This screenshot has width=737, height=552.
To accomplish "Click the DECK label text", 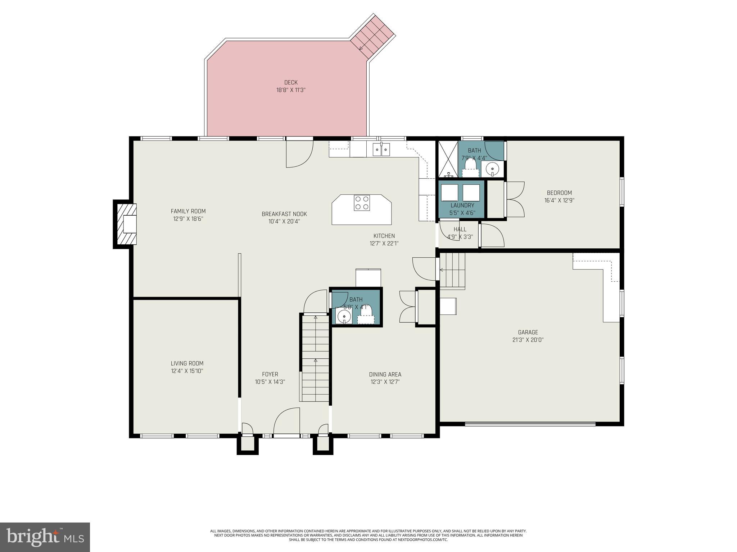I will [291, 82].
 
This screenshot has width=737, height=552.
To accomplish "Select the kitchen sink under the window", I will [381, 149].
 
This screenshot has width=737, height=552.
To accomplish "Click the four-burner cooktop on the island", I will [362, 203].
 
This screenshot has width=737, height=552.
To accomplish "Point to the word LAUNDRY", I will [462, 205].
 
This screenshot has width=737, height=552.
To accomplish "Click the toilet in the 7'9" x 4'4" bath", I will [471, 167].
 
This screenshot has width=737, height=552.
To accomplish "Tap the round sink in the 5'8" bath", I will [344, 317].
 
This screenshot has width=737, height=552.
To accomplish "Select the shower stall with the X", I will [448, 159].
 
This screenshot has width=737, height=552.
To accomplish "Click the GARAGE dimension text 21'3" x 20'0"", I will [528, 340].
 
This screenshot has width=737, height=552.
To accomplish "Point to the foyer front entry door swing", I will [286, 421].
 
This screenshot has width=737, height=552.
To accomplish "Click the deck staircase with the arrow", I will [372, 36].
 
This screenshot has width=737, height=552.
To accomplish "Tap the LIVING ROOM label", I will [187, 363].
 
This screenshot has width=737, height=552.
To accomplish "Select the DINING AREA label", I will [385, 374].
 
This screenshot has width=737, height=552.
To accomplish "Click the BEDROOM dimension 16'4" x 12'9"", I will [559, 201].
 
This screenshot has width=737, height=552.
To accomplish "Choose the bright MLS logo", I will [45, 537].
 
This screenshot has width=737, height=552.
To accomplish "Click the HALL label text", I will [460, 229].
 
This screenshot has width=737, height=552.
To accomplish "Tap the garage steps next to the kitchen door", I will [452, 270].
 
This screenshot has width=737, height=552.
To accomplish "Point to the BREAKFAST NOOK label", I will [284, 214].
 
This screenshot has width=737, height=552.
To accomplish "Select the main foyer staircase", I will [315, 358].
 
